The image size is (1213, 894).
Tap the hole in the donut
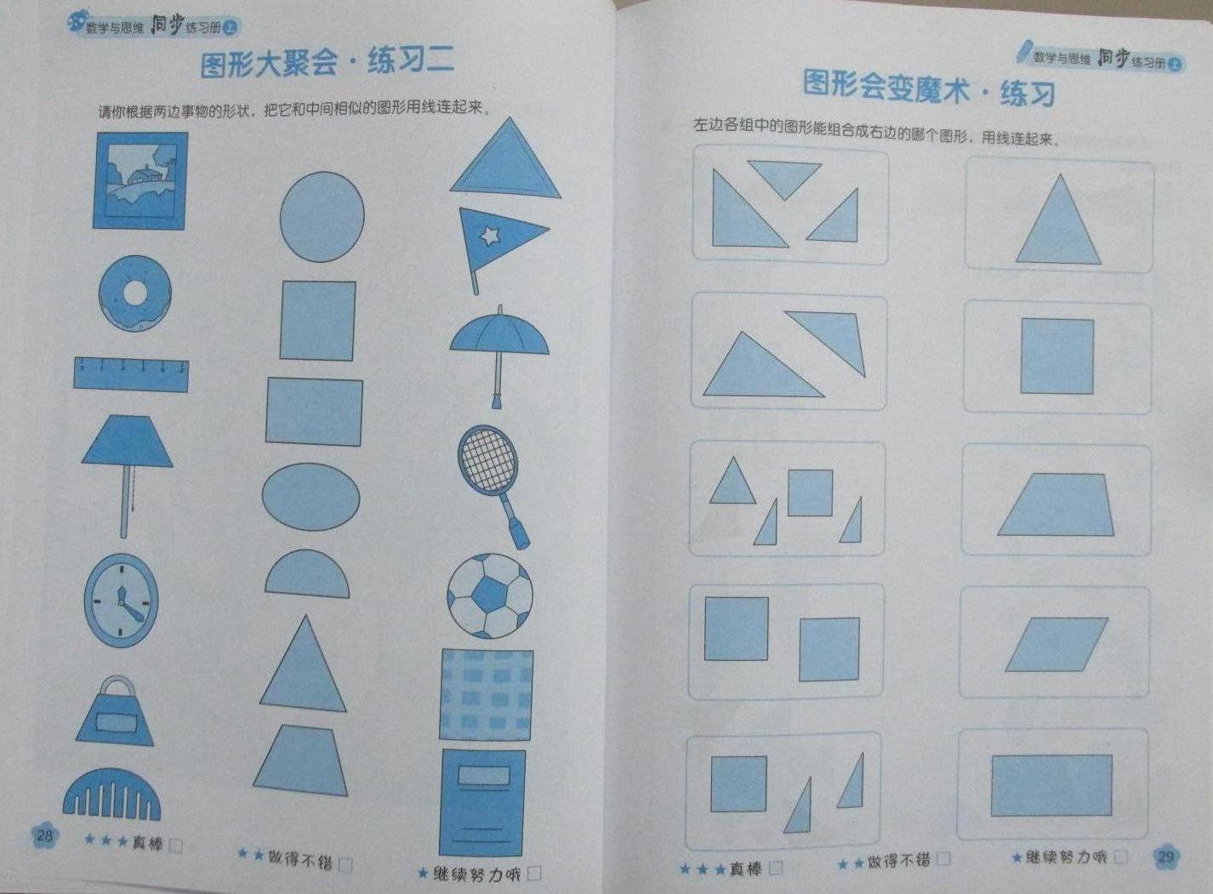click(x=134, y=293)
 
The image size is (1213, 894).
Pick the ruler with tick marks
click(x=131, y=374)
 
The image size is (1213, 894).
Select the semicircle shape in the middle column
click(x=307, y=574)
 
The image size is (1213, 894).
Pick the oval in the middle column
click(x=310, y=497)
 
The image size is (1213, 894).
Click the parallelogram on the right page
click(x=1056, y=645)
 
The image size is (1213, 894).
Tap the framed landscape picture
click(x=141, y=181)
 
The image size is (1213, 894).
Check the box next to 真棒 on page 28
click(x=176, y=846)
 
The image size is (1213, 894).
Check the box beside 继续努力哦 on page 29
click(x=1121, y=857)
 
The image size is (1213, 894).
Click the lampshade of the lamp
click(x=128, y=441)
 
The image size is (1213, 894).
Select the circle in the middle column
click(x=322, y=217)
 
